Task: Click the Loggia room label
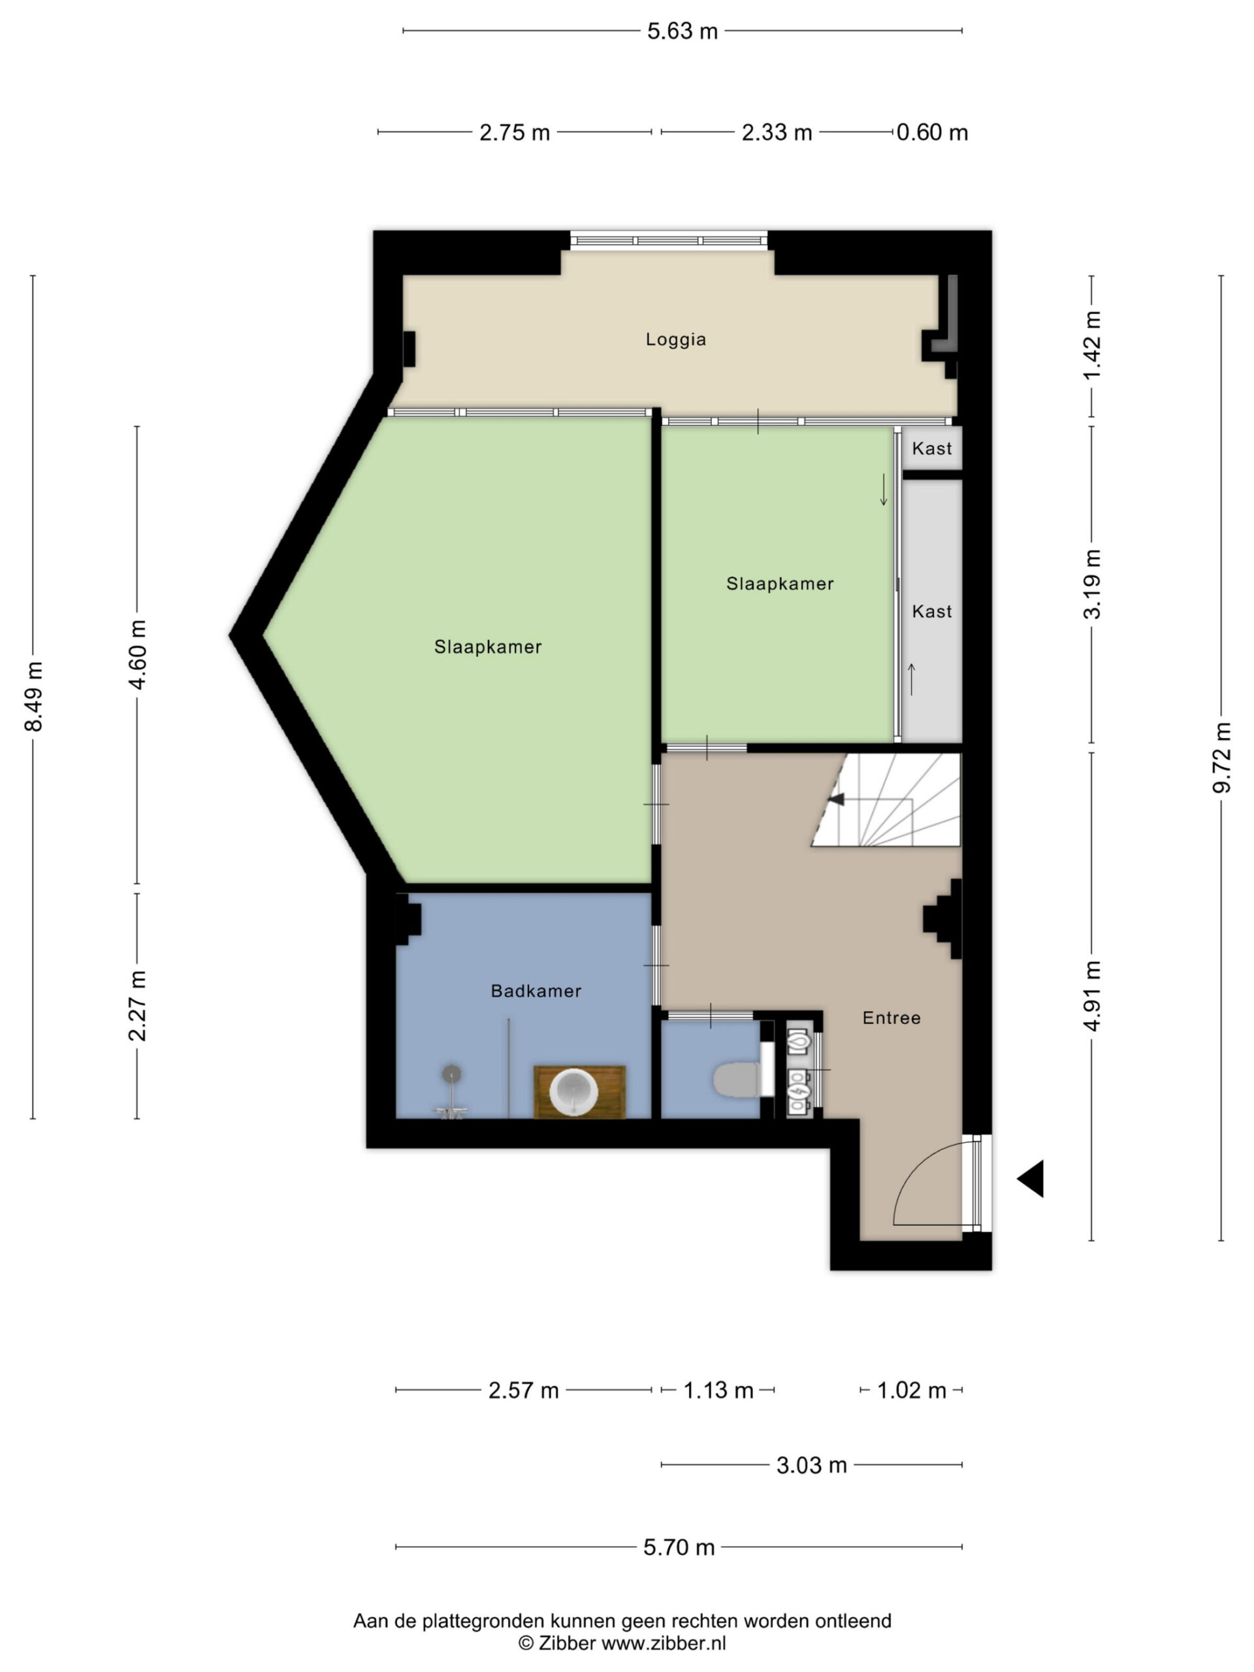coord(676,340)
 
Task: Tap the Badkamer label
coord(536,991)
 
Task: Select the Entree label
coord(892,1018)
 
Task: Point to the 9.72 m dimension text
coord(1222,758)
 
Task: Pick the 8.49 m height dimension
coord(34,696)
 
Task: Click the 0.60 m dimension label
coord(932,133)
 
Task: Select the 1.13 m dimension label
coord(718,1390)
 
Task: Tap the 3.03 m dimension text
coord(812,1465)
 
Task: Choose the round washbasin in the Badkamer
coord(573,1091)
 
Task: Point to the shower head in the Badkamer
coord(452,1074)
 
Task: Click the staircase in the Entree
coord(892,799)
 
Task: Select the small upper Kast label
coord(932,449)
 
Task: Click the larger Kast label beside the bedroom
coord(932,611)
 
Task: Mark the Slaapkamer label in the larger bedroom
coord(489,647)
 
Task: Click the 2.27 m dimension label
coord(138,1006)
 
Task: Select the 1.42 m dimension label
coord(1092,346)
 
